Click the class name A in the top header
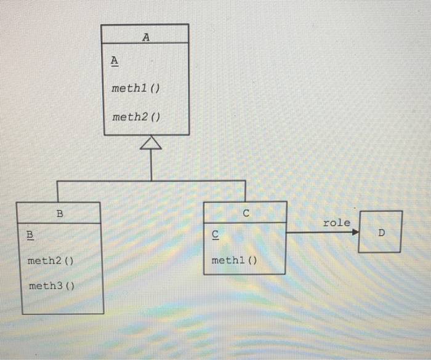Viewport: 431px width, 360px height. pyautogui.click(x=145, y=37)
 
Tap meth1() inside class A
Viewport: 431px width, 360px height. pyautogui.click(x=135, y=89)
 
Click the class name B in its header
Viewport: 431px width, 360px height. pyautogui.click(x=60, y=214)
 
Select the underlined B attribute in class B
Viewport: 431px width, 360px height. pyautogui.click(x=30, y=235)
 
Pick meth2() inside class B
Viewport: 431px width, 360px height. pyautogui.click(x=50, y=261)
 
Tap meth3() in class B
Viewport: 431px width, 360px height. pyautogui.click(x=51, y=286)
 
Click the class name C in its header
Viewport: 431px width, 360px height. pyautogui.click(x=246, y=214)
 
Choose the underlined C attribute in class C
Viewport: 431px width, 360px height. pyautogui.click(x=214, y=234)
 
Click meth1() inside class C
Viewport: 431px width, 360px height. pyautogui.click(x=234, y=260)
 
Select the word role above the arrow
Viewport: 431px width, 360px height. pyautogui.click(x=336, y=223)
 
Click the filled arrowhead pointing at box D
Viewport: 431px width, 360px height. pyautogui.click(x=355, y=232)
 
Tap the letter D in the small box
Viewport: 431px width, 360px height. pyautogui.click(x=381, y=233)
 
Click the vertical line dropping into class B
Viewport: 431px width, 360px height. pyautogui.click(x=57, y=191)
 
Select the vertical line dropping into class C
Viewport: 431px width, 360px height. pyautogui.click(x=245, y=191)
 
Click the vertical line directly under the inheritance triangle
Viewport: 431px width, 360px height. pyautogui.click(x=151, y=165)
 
